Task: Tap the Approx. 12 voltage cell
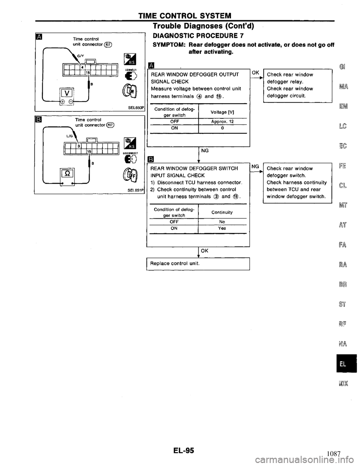(222, 122)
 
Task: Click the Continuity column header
(222, 212)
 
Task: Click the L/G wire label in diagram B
(71, 138)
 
